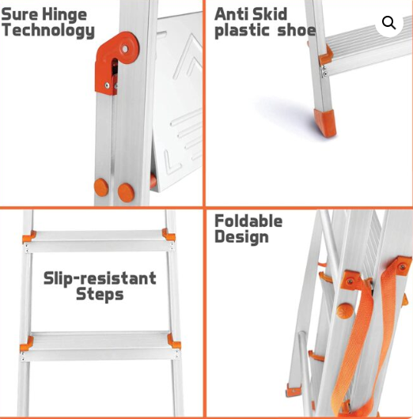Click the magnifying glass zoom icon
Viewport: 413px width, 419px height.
pos(388,23)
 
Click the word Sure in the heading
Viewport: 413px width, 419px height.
pos(21,13)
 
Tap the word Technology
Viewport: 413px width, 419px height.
pos(47,31)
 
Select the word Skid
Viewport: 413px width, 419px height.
pos(269,13)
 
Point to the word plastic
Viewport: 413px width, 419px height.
pos(242,31)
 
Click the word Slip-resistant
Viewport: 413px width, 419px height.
pos(100,278)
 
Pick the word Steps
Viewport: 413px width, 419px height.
pos(100,295)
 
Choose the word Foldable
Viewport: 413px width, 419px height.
pos(248,221)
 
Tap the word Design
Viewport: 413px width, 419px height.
pos(241,237)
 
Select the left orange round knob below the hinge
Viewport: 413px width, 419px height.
pos(102,187)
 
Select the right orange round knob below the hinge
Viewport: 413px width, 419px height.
pos(126,191)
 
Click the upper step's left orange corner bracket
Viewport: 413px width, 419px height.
pos(28,238)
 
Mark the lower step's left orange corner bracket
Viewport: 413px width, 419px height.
pos(27,343)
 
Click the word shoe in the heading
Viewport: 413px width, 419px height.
pos(297,31)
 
